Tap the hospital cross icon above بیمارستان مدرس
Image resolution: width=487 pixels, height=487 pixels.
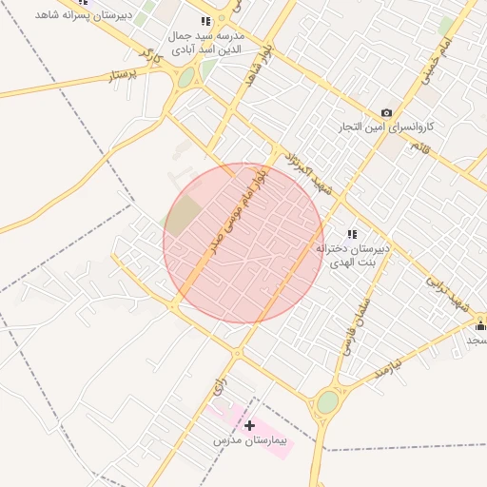tap(249, 425)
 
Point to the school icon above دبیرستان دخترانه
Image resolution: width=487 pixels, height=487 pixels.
tap(352, 234)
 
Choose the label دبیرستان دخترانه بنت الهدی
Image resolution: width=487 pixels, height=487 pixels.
tap(353, 254)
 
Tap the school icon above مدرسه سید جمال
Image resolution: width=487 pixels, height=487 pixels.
tap(205, 22)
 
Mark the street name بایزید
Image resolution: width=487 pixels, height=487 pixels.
tap(390, 367)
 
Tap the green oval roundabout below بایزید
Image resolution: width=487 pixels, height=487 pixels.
tap(327, 402)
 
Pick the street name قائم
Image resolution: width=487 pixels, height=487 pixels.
tap(419, 146)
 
